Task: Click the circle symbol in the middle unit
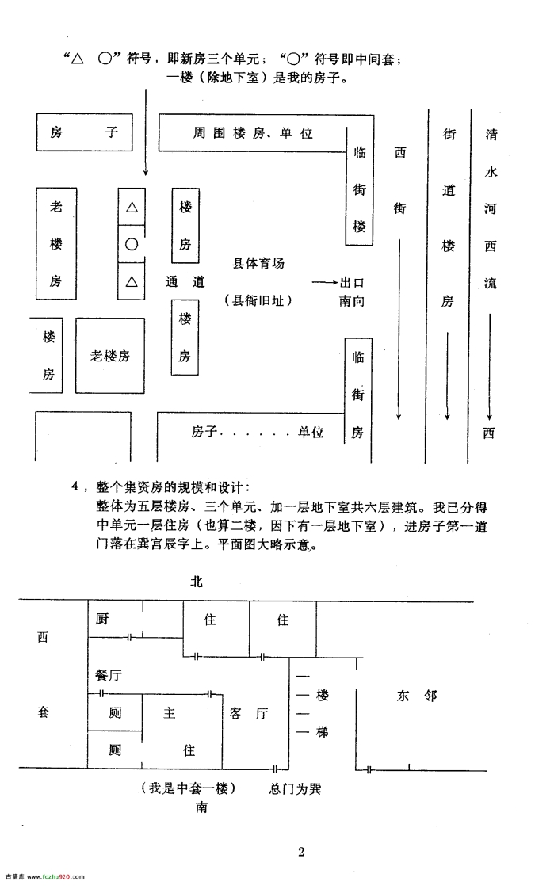132,244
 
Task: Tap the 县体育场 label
258,264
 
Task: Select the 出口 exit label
352,282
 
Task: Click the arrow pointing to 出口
325,282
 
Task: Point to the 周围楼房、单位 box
266,133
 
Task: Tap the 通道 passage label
185,282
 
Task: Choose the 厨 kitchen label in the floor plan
102,619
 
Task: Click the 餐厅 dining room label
109,675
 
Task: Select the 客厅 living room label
249,713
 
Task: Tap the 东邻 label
417,695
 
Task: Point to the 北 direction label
197,582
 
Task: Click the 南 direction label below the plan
201,807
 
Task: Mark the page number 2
301,851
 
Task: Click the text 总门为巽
295,788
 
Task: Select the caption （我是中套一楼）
188,788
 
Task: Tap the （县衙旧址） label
258,300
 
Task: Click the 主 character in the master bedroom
169,712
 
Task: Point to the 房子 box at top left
85,132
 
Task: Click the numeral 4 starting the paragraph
75,486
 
